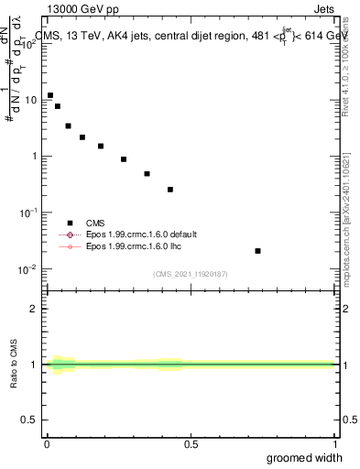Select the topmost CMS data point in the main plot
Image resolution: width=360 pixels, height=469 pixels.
[50, 95]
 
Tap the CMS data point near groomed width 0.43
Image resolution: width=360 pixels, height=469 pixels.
[170, 190]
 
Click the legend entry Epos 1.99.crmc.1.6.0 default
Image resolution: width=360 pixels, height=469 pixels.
[138, 234]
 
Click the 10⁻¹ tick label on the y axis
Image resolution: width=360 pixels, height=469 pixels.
[31, 213]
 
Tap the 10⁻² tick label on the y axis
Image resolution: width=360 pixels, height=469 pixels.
[31, 269]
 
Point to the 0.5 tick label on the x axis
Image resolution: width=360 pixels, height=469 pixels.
[191, 444]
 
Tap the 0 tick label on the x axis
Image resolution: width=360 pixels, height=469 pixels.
[47, 444]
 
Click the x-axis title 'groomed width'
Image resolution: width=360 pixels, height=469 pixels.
[305, 457]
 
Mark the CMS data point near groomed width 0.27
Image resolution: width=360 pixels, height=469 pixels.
[124, 159]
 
